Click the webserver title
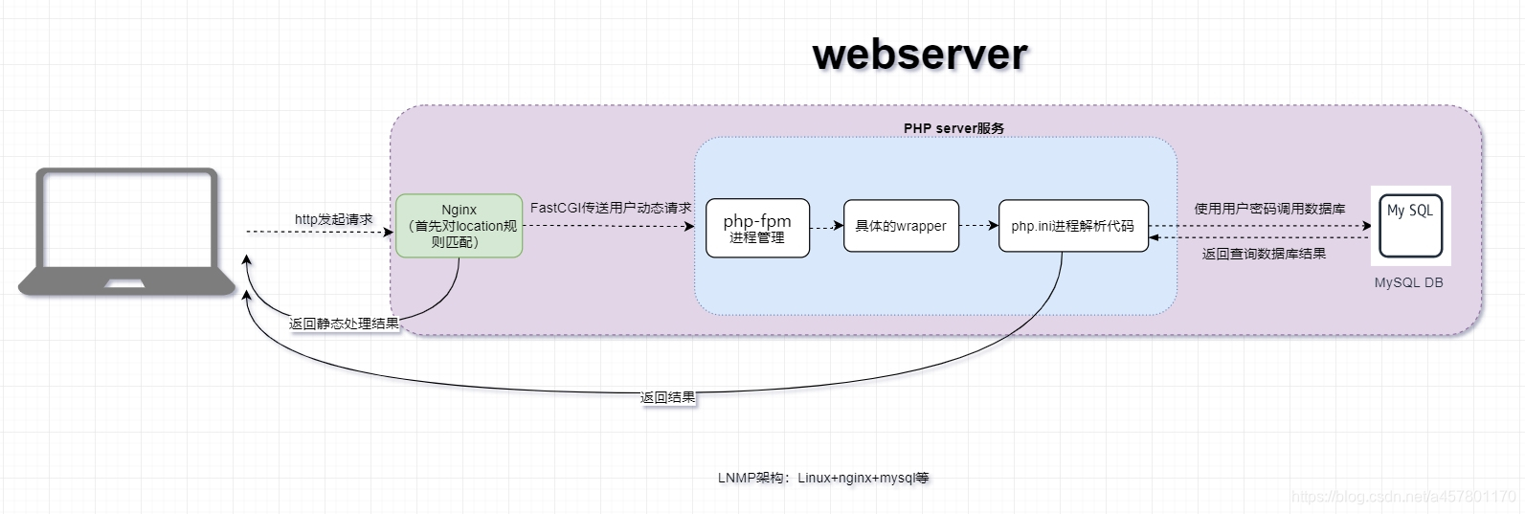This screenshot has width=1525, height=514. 920,55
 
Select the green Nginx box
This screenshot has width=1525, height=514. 459,226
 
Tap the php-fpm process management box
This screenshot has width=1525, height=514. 757,228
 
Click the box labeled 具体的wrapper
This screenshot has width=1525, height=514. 901,226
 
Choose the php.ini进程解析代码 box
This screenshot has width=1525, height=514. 1072,226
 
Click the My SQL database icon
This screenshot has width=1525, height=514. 1410,225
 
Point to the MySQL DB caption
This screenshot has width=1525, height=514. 1408,282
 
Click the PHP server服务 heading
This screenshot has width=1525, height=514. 953,128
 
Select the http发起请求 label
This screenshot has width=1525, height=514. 333,219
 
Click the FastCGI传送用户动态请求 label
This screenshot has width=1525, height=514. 611,208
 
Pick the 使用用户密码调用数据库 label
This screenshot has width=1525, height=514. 1269,209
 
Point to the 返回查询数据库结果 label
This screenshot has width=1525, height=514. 1264,254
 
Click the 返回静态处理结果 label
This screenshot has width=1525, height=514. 344,324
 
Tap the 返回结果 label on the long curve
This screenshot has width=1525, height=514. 667,397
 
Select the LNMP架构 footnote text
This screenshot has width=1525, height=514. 823,478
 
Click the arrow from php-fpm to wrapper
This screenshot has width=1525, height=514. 826,227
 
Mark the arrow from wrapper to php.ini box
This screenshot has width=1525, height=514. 978,226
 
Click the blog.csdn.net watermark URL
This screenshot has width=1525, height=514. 1402,496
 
